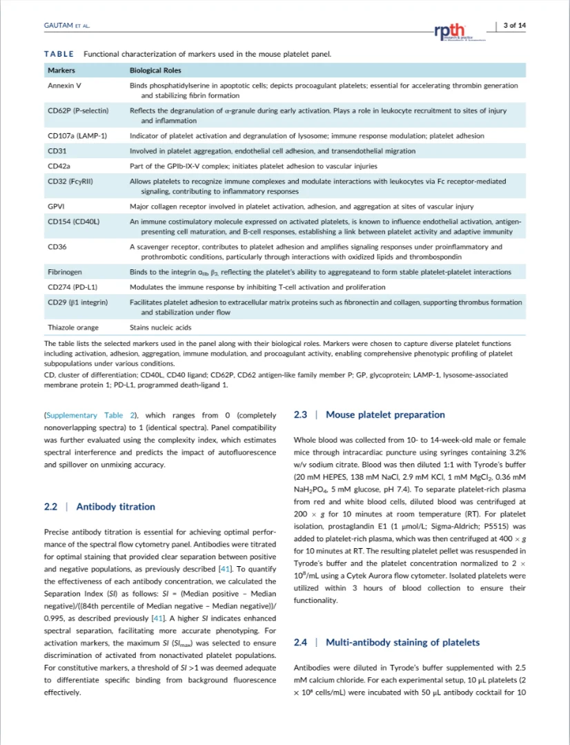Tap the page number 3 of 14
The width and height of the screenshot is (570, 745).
pos(514,26)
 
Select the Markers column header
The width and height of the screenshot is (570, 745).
pos(61,70)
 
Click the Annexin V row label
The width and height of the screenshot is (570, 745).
pos(65,86)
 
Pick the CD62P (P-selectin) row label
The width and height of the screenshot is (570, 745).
pos(77,110)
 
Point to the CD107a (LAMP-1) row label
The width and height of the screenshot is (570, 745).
pos(77,136)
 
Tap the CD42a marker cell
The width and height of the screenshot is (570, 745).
pos(59,166)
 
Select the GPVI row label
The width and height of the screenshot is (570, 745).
pos(56,206)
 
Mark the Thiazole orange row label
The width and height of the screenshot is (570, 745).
pos(73,327)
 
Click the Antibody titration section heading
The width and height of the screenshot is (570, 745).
pos(115,507)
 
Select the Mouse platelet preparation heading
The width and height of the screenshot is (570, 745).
pos(385,415)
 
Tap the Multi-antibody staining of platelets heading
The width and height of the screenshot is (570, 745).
pos(402,643)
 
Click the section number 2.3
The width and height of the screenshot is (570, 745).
pos(300,415)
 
